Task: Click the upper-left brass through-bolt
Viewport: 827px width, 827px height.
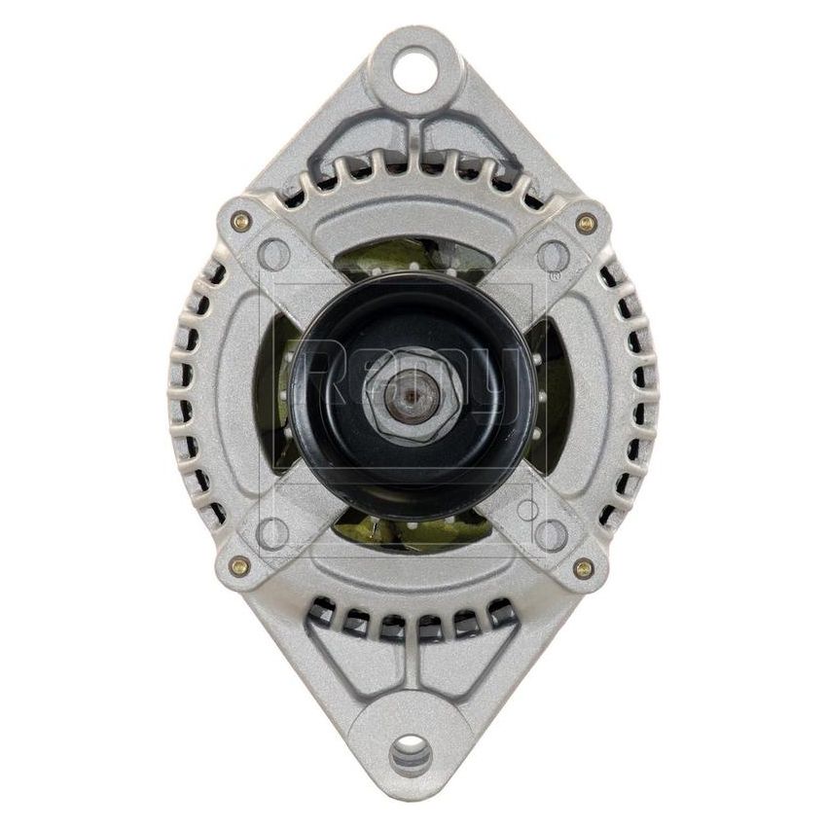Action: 239,222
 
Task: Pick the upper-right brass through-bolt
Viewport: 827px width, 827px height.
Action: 586,223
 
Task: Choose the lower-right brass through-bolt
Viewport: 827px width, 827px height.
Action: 584,567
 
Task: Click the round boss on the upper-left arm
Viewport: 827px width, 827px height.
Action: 275,256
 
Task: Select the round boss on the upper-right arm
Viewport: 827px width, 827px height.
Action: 553,256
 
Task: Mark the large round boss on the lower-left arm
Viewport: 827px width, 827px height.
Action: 275,532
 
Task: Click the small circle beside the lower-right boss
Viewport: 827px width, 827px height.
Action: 526,510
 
